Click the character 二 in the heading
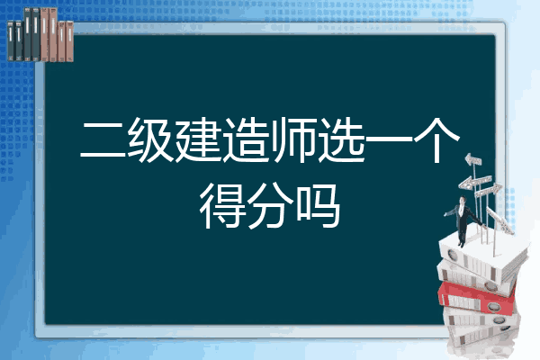[x=103, y=139]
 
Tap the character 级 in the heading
[x=149, y=139]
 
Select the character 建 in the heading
[x=198, y=139]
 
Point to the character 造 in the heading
[x=245, y=139]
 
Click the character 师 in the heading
[x=292, y=139]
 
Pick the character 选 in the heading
[x=340, y=139]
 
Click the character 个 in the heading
[x=436, y=139]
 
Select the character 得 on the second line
[x=221, y=206]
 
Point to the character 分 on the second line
[x=270, y=206]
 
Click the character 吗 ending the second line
[x=318, y=206]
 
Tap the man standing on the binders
[x=463, y=221]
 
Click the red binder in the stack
[x=477, y=298]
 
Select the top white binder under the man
[x=482, y=256]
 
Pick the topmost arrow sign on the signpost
[x=473, y=159]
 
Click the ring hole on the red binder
[x=493, y=306]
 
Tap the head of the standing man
[x=463, y=200]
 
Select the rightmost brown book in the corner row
[x=69, y=41]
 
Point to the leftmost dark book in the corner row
[x=11, y=41]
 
